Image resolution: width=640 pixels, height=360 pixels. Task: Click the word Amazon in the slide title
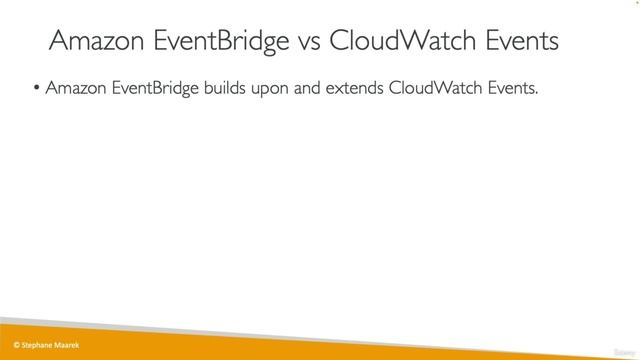pyautogui.click(x=93, y=42)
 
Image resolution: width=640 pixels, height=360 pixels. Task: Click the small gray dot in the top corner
pyautogui.click(x=634, y=4)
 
